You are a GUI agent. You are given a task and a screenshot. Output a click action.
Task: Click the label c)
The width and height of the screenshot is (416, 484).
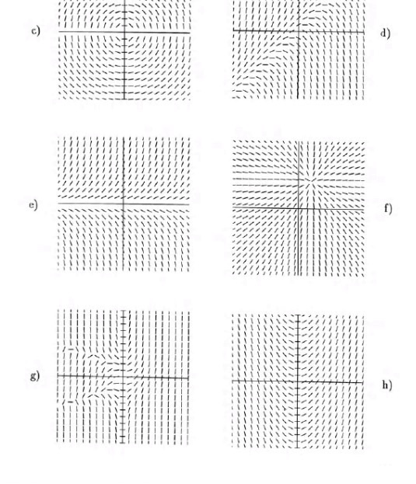[36, 33]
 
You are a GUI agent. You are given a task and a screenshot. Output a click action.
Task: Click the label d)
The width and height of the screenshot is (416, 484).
[385, 33]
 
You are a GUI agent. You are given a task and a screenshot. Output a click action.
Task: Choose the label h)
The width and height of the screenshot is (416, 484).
[386, 385]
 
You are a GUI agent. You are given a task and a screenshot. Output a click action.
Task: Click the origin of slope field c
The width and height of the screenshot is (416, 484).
[124, 33]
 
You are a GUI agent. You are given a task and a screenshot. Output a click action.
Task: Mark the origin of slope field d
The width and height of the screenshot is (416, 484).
[299, 31]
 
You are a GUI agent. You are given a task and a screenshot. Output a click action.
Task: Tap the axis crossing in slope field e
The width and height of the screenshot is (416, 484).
[124, 202]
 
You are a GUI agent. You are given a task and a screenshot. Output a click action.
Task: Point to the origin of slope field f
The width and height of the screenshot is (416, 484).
[299, 209]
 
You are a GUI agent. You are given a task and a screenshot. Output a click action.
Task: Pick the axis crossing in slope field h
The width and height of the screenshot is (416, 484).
[298, 381]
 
